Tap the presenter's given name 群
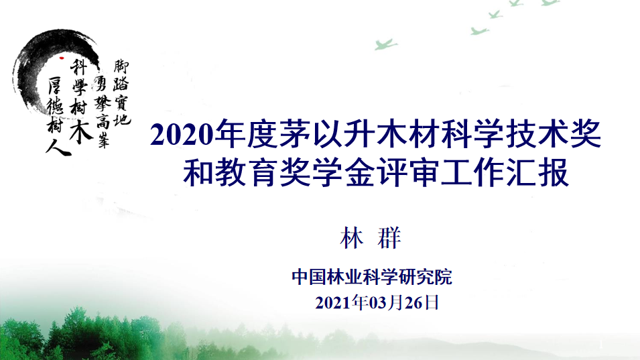388,238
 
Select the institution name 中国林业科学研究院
372,277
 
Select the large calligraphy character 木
81,131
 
